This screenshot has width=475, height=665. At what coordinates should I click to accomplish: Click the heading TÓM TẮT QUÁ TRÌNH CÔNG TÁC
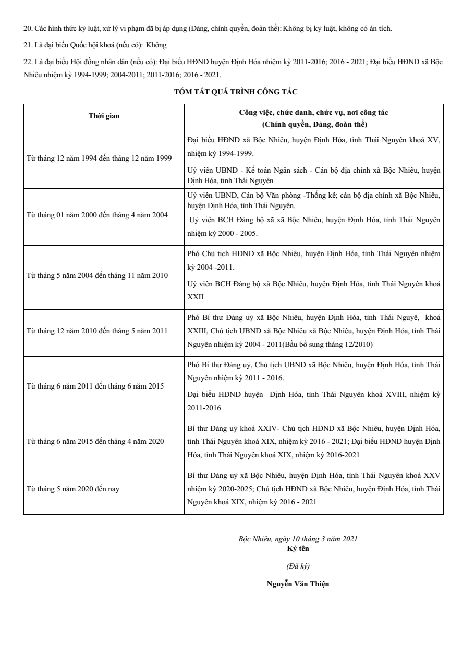coord(236,92)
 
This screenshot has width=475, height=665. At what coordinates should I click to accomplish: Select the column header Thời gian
coord(104,116)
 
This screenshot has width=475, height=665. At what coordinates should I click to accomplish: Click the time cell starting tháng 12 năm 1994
coord(99,158)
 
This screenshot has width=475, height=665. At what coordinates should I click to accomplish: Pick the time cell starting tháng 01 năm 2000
coord(98,215)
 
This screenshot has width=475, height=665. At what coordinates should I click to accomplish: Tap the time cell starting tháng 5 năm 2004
coord(98,275)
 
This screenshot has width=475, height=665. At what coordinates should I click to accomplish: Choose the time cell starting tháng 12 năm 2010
coord(97,331)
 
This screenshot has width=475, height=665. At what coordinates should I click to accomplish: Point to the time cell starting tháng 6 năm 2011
coord(95,386)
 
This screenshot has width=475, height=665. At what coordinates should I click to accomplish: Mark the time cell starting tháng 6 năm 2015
coord(95,442)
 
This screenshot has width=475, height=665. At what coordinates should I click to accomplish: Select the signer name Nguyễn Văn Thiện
coord(298,584)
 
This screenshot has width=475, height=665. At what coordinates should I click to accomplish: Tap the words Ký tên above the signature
coord(298,548)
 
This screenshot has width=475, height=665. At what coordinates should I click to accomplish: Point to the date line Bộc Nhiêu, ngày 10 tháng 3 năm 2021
coord(298,539)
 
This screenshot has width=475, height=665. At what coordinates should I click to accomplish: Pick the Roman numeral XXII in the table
coord(196,296)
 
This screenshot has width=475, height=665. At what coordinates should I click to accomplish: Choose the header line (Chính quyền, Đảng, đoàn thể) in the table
coord(314,124)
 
